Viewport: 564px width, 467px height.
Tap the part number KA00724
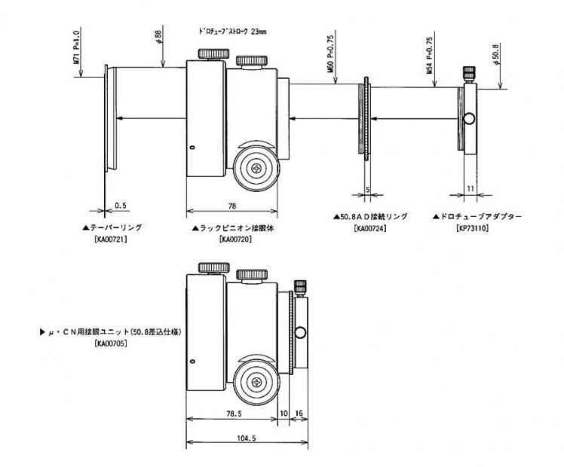pos(370,227)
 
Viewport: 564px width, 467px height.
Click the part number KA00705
pos(111,343)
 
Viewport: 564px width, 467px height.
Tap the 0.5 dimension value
pos(121,203)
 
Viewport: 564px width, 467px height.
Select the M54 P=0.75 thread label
pos(429,54)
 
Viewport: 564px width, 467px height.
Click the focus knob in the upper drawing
pos(256,168)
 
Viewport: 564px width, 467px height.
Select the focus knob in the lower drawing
pos(256,385)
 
